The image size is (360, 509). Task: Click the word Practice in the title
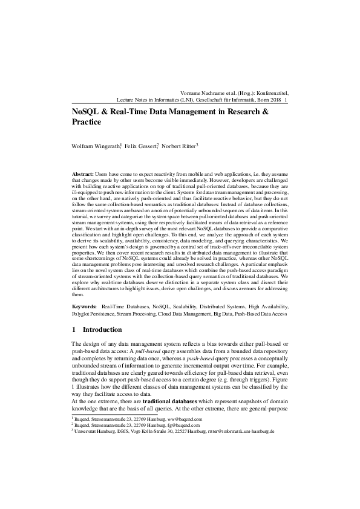(86, 122)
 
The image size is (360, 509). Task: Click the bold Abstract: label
(83, 173)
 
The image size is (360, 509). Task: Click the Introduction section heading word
(102, 330)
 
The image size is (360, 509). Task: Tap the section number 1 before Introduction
(74, 330)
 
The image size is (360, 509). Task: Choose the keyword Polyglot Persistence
(94, 314)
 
